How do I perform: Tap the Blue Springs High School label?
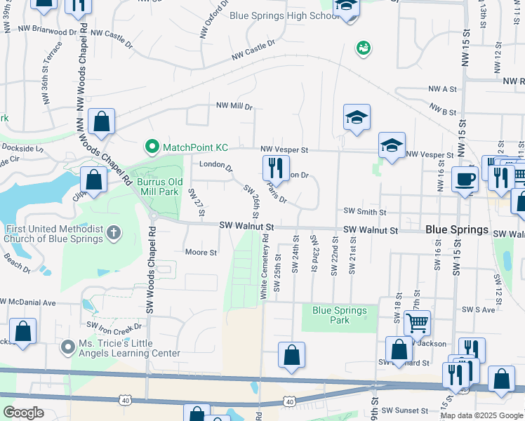point(285,15)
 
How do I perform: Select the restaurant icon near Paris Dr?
point(276,168)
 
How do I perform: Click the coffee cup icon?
point(465,179)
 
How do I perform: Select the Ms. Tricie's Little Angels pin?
point(68,347)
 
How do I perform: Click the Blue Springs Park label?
point(340,315)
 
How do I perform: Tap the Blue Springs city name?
point(457,230)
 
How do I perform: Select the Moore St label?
point(201,252)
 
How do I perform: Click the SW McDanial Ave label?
point(28,302)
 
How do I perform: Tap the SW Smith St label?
point(365,212)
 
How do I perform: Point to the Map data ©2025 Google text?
point(481,415)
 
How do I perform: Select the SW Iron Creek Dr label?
point(114,326)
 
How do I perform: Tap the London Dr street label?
point(215,166)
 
